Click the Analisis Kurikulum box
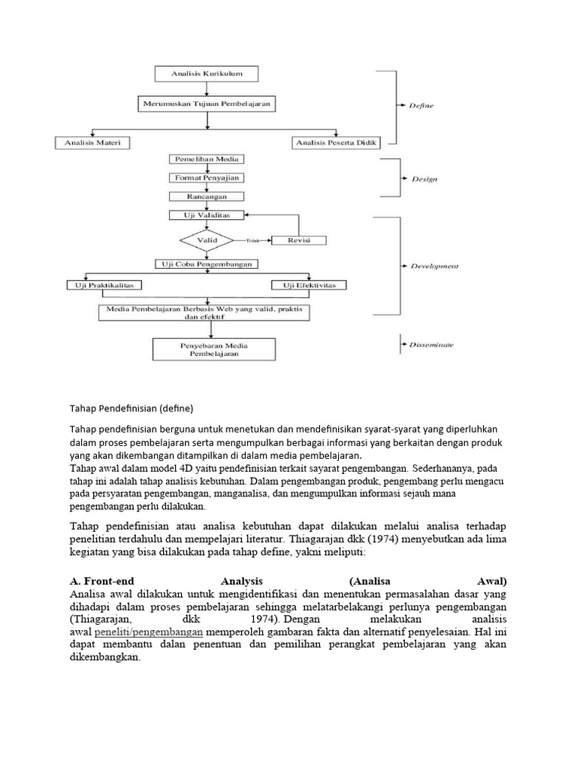(x=207, y=74)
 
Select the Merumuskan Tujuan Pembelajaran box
(x=207, y=102)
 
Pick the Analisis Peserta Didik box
(x=335, y=142)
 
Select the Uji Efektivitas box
(x=310, y=285)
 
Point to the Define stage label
(x=421, y=106)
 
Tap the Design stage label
(x=424, y=179)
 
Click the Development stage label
(x=435, y=266)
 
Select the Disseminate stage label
(x=431, y=345)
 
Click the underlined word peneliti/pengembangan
(x=149, y=632)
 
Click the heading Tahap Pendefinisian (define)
(x=131, y=409)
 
